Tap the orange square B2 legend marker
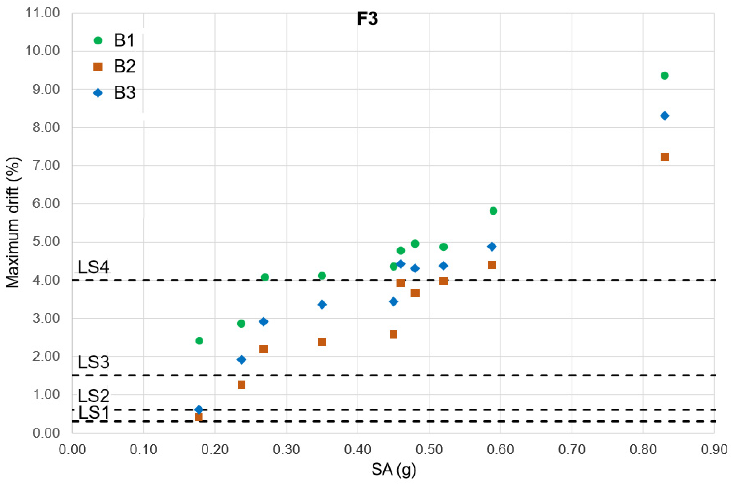98,67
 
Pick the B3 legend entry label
124,92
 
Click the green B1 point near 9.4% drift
665,76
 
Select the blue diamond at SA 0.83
665,116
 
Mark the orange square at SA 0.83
665,157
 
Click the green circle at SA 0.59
493,211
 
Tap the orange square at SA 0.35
322,342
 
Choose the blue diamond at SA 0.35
322,304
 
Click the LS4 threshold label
93,267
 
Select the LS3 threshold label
93,362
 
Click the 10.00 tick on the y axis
42,51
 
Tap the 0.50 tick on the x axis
429,449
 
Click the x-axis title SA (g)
394,469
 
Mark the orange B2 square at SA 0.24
242,384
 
